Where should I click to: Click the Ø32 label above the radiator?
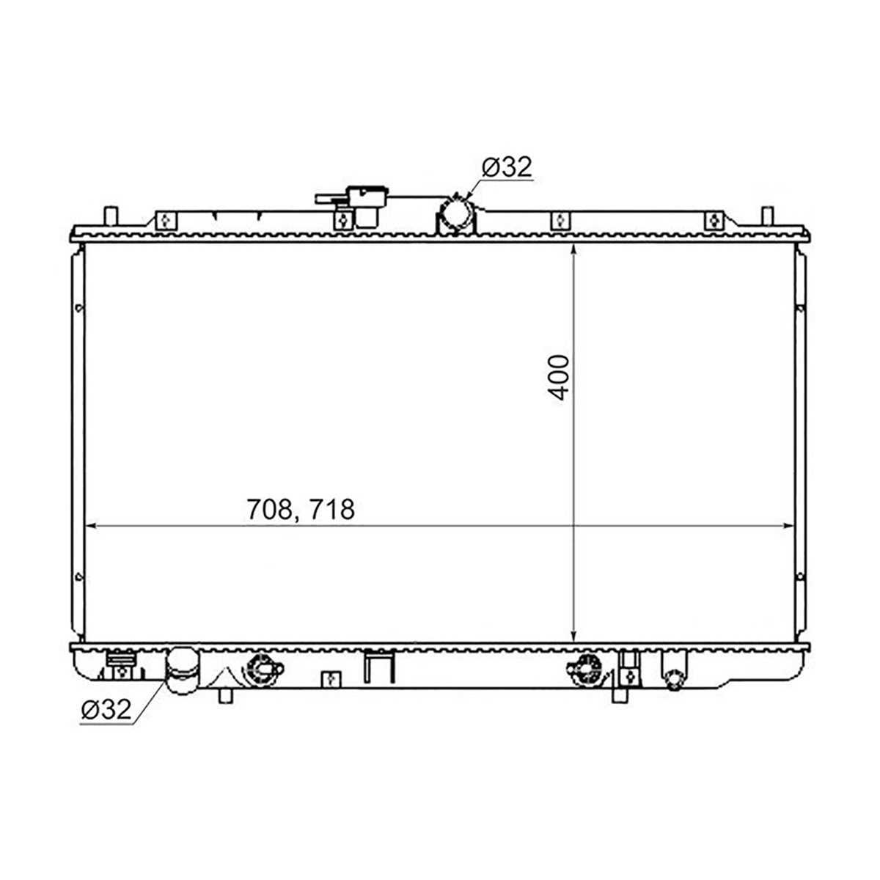coord(507,167)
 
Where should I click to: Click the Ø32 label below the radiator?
coord(106,709)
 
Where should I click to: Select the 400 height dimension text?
coord(559,378)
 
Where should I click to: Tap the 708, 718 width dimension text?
coord(301,509)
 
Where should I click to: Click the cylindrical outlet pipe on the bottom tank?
coord(182,670)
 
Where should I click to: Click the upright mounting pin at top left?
coord(111,216)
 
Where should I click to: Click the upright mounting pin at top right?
coord(768,216)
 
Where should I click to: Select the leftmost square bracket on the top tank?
coord(166,221)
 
